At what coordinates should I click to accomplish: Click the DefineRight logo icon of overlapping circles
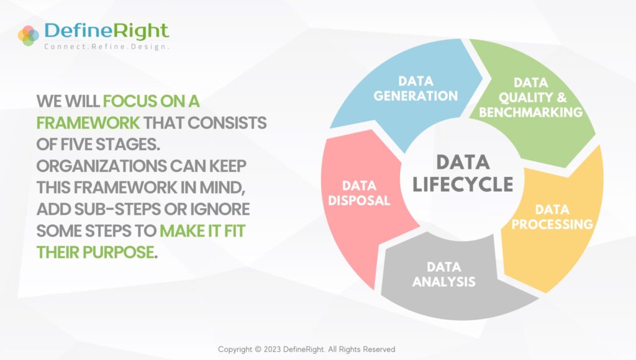coord(29,35)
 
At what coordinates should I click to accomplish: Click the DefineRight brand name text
coord(107,30)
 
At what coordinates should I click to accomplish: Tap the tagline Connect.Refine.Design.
coord(107,47)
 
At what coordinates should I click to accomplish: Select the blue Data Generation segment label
coord(416,89)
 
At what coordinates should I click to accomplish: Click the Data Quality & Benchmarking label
coord(530,98)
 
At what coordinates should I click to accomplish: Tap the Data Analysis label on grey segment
coord(443,274)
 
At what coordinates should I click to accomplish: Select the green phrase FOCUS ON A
coord(151,101)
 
